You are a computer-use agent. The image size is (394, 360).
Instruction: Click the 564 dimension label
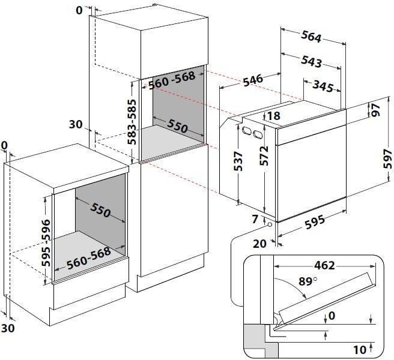click(x=311, y=37)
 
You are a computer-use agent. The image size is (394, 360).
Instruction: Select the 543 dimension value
click(x=311, y=62)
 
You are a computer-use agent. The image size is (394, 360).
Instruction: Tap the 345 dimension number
click(x=323, y=86)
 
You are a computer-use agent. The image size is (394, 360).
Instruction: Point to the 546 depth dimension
click(x=253, y=80)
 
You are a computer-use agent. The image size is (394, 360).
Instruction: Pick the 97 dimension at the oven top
click(x=376, y=110)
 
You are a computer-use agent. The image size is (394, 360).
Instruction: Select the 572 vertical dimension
click(x=264, y=156)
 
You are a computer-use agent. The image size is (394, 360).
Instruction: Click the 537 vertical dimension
click(x=238, y=161)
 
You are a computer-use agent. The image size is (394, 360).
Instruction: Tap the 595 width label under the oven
click(x=315, y=222)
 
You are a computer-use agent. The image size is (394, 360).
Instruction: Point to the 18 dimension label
click(x=274, y=116)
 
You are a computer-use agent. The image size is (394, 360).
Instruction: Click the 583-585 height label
click(x=132, y=122)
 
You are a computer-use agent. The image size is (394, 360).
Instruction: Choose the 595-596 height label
click(x=46, y=243)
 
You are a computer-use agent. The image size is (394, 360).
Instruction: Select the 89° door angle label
click(x=308, y=281)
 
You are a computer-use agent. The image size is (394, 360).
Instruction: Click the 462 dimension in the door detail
click(x=325, y=265)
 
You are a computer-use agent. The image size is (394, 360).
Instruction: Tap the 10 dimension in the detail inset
click(x=360, y=350)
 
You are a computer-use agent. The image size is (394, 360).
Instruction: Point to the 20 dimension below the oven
click(x=260, y=244)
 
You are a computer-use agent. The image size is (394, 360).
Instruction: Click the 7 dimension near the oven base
click(x=255, y=219)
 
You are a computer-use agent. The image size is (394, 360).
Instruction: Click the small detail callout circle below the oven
click(x=270, y=224)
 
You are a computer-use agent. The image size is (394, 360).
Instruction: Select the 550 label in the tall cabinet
click(x=177, y=126)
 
